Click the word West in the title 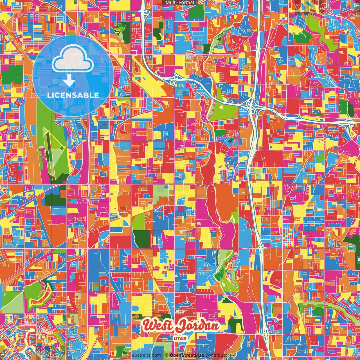click(158, 326)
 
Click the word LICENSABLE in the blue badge click(73, 95)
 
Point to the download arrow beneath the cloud click(69, 81)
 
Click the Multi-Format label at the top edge click(180, 3)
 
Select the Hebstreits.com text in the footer click(145, 355)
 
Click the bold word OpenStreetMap click(187, 355)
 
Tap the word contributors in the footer click(218, 355)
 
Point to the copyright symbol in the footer click(167, 355)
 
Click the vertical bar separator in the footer click(163, 355)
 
